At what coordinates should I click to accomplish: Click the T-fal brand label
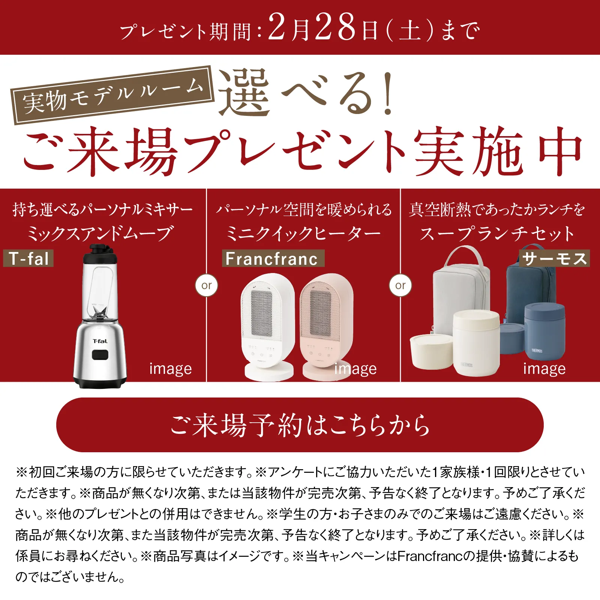(x=28, y=258)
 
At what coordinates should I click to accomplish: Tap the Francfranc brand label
(x=273, y=259)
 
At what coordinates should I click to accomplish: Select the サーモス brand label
(x=554, y=258)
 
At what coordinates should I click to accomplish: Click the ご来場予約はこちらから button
(x=300, y=425)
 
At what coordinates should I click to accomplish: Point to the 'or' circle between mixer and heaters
(x=207, y=286)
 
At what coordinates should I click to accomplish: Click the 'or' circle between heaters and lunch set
(x=400, y=286)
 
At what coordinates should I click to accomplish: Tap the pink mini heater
(x=326, y=322)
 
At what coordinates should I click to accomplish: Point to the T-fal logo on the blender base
(x=100, y=341)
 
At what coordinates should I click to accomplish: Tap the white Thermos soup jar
(x=476, y=341)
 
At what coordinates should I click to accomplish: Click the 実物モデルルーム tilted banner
(x=112, y=95)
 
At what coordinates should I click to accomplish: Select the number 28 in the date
(x=335, y=27)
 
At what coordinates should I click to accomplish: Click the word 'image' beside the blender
(x=171, y=369)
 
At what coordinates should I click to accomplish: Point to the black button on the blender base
(x=100, y=354)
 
